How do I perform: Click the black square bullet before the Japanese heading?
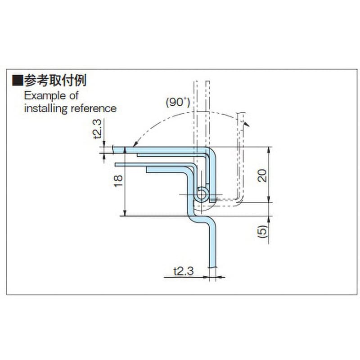point(18,81)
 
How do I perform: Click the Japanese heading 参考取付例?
point(55,80)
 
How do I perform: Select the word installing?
point(46,108)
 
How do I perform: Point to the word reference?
point(94,108)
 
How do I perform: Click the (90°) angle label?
point(178,102)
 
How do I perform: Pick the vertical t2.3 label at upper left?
point(97,129)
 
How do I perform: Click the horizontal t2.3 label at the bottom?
point(184,271)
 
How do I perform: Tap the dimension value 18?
point(118,181)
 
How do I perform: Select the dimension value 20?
point(262,175)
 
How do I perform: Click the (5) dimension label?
point(263,231)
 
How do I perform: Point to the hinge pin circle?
point(202,195)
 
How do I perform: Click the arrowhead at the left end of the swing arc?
point(135,144)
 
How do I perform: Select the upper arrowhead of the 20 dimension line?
point(269,150)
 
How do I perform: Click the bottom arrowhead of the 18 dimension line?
point(125,213)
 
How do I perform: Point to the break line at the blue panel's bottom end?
point(212,267)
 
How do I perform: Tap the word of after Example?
point(74,95)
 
